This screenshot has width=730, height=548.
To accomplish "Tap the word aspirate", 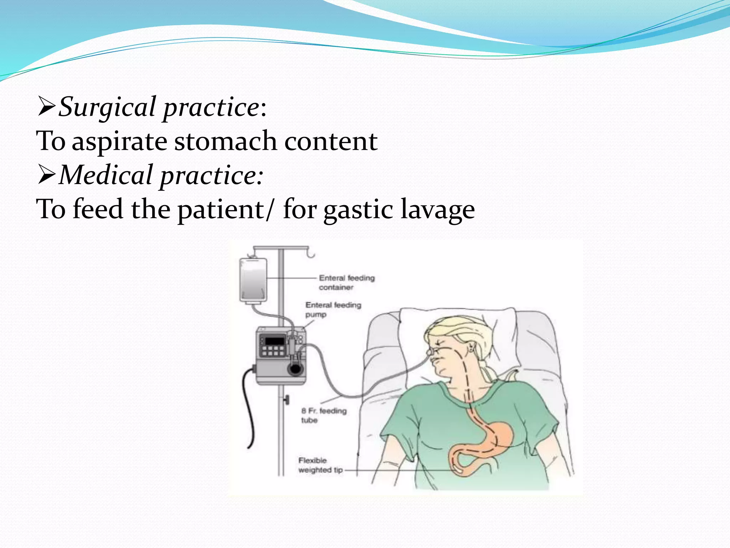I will (119, 142).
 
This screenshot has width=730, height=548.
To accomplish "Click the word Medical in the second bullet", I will (106, 175).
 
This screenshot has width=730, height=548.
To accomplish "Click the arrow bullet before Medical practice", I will (46, 175).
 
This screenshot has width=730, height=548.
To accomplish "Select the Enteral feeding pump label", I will (333, 309).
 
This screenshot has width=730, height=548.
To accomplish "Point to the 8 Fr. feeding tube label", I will (323, 415).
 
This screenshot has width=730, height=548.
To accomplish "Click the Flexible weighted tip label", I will (320, 465).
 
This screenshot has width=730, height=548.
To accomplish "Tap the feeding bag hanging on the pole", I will (253, 280).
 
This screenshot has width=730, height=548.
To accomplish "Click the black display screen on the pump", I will (275, 340).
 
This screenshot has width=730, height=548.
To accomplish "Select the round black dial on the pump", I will (295, 369).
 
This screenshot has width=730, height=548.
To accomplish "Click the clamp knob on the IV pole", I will (287, 400).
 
